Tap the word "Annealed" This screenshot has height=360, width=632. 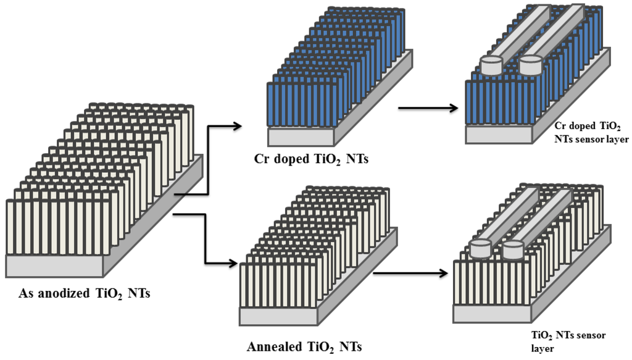(x=275, y=346)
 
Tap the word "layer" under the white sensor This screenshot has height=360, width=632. (x=544, y=348)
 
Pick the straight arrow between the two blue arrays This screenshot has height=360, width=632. (x=430, y=109)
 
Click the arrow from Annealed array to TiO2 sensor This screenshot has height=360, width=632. (x=411, y=272)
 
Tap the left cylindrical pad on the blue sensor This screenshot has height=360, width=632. (x=492, y=65)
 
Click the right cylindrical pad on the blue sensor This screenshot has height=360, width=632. (x=531, y=64)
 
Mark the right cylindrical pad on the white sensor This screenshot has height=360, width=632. (x=513, y=249)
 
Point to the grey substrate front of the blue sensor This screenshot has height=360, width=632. (x=503, y=134)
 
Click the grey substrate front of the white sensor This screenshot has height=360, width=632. (x=491, y=314)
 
